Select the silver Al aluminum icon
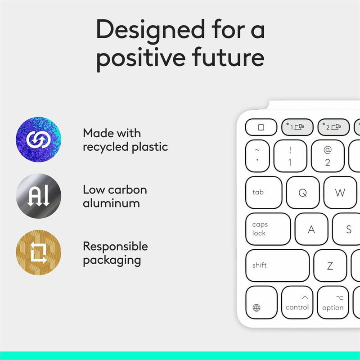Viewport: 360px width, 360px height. (38, 196)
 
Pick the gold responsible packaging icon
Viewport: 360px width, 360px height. (38, 253)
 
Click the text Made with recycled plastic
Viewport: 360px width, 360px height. (125, 140)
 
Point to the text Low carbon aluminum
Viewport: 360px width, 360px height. (115, 197)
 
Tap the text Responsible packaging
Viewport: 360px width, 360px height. (115, 253)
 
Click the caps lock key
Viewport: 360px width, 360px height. (268, 229)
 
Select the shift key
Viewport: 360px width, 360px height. (277, 265)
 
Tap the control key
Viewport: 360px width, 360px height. (297, 302)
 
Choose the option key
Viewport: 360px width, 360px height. (333, 302)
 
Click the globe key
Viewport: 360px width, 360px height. (261, 302)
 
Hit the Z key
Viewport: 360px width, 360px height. (330, 265)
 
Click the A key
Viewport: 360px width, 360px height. (311, 229)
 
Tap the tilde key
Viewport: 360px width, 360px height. (257, 156)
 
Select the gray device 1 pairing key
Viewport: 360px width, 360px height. (297, 127)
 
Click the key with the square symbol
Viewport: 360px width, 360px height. (261, 127)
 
